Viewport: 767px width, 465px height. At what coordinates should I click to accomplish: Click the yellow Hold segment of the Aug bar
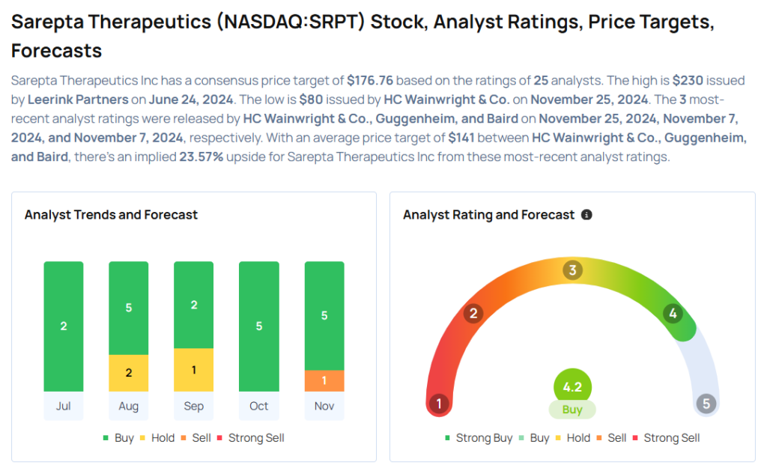click(x=129, y=373)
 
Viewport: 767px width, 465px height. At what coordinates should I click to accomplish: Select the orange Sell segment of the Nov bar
click(x=324, y=380)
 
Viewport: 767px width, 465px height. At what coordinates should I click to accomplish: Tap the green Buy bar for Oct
click(x=258, y=326)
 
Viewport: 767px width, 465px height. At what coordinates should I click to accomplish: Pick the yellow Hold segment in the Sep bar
click(x=193, y=370)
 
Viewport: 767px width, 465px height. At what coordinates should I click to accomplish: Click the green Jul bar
click(x=64, y=326)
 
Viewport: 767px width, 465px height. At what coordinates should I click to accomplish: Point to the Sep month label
click(x=193, y=406)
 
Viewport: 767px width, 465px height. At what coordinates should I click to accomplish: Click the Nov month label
click(x=324, y=406)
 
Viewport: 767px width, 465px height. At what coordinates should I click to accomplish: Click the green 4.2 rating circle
click(x=572, y=388)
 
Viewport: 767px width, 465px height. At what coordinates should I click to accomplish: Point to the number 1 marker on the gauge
click(x=438, y=404)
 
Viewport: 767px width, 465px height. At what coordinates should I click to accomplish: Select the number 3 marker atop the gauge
click(x=573, y=270)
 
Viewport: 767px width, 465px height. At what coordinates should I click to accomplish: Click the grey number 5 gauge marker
click(x=706, y=404)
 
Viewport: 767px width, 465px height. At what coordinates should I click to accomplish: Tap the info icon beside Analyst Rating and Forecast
click(x=586, y=215)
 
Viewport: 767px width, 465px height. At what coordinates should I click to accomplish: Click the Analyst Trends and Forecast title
click(x=111, y=215)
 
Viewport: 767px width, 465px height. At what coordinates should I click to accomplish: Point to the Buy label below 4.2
click(x=572, y=410)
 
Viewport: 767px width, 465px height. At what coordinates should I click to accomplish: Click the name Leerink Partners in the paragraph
click(x=78, y=100)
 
